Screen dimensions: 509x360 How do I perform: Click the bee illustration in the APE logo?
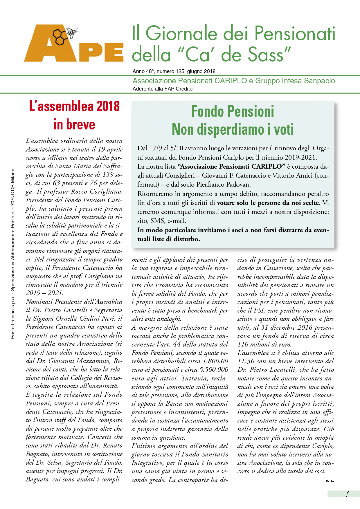[x=72, y=33]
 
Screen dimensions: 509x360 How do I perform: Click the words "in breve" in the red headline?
[x=74, y=124]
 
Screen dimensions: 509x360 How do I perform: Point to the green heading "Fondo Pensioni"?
[x=233, y=111]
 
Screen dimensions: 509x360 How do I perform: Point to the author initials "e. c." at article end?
[x=330, y=480]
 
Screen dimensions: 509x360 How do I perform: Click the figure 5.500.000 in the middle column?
[x=214, y=370]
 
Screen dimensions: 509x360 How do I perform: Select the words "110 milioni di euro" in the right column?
[x=264, y=344]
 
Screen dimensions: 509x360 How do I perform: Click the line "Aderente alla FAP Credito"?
[x=163, y=89]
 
